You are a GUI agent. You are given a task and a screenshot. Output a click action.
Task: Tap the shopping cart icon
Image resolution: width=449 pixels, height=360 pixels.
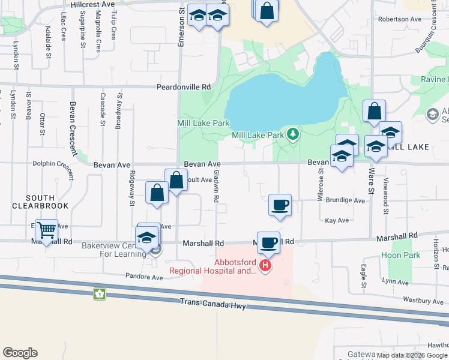[x=46, y=229]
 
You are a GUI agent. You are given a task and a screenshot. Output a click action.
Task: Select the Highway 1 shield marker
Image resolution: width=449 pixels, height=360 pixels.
[x=99, y=294]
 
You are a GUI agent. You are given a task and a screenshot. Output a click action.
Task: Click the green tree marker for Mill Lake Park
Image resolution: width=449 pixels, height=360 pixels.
[x=293, y=134]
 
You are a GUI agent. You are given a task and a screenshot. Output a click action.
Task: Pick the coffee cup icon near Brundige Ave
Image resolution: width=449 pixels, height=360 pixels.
[x=280, y=205]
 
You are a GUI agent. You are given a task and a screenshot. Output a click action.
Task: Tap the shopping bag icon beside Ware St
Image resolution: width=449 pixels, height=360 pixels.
[x=374, y=111]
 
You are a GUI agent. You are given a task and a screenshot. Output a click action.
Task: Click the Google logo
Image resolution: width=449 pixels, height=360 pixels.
[x=20, y=353]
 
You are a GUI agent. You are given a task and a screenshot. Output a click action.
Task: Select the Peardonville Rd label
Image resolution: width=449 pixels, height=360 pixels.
[x=184, y=87]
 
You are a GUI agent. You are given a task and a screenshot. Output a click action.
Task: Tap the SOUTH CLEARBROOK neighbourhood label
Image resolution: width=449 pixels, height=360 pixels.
[x=40, y=202]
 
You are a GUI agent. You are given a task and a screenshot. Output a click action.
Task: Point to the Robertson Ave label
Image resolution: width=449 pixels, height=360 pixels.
[x=400, y=19]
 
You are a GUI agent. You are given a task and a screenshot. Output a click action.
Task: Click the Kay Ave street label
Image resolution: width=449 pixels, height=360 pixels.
[x=337, y=221]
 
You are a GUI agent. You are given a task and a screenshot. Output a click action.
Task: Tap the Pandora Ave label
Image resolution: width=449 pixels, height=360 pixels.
[x=144, y=277]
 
